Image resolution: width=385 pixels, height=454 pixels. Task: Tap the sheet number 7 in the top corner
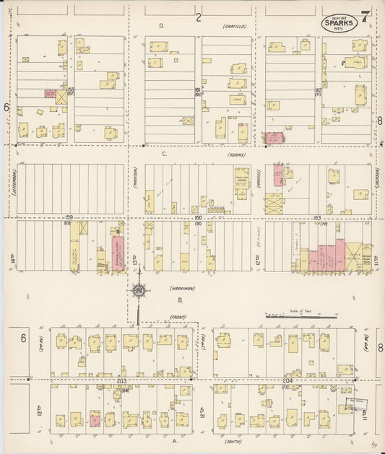point(366,16)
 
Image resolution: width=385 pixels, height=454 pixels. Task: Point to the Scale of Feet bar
point(302,316)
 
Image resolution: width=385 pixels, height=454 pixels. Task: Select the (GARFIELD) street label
point(235,26)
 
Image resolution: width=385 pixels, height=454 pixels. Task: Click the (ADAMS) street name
point(236,154)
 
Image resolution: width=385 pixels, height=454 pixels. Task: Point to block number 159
point(69,217)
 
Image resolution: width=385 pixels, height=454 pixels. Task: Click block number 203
point(121,380)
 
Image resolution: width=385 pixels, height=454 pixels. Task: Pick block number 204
point(287,380)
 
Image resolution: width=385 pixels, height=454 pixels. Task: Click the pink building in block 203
point(95,419)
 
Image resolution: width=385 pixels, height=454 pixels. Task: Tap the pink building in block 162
point(274,136)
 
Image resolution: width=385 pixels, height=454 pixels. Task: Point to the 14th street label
point(13,258)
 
